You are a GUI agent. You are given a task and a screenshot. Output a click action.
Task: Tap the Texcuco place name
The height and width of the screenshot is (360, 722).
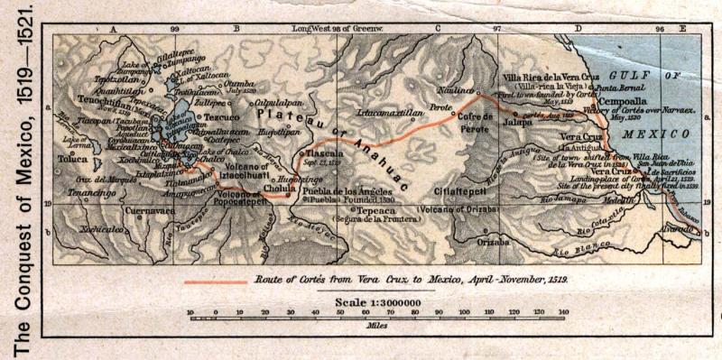tap(218, 117)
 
